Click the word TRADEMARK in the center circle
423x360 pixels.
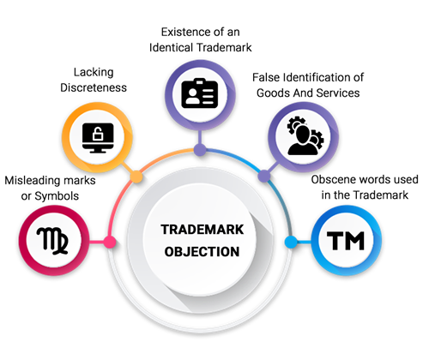[x=202, y=230]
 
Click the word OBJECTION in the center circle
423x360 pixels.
[x=202, y=252]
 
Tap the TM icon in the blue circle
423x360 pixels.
[x=346, y=241]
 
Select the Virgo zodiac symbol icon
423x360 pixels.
[x=52, y=241]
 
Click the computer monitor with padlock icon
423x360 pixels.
[x=98, y=138]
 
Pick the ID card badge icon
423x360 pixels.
[x=200, y=93]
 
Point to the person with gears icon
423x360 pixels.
[x=305, y=135]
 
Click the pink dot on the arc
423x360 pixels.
[x=109, y=243]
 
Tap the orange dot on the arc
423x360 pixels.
[x=136, y=177]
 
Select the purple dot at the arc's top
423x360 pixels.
[x=200, y=150]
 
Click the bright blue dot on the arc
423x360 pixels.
[x=291, y=242]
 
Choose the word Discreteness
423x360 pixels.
[x=94, y=87]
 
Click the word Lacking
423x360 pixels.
[x=94, y=72]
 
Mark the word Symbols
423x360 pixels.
[x=57, y=196]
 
